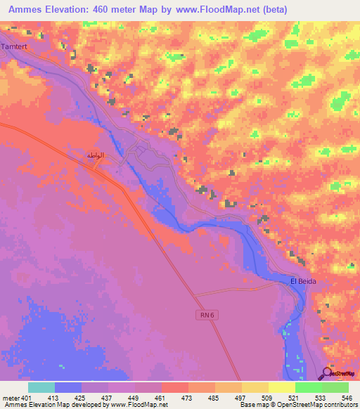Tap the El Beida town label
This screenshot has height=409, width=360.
303,281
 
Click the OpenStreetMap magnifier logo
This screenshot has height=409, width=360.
328,373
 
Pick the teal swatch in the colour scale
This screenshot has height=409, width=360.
41,387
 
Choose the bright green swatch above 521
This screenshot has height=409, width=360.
308,387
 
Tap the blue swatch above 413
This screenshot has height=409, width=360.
67,387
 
